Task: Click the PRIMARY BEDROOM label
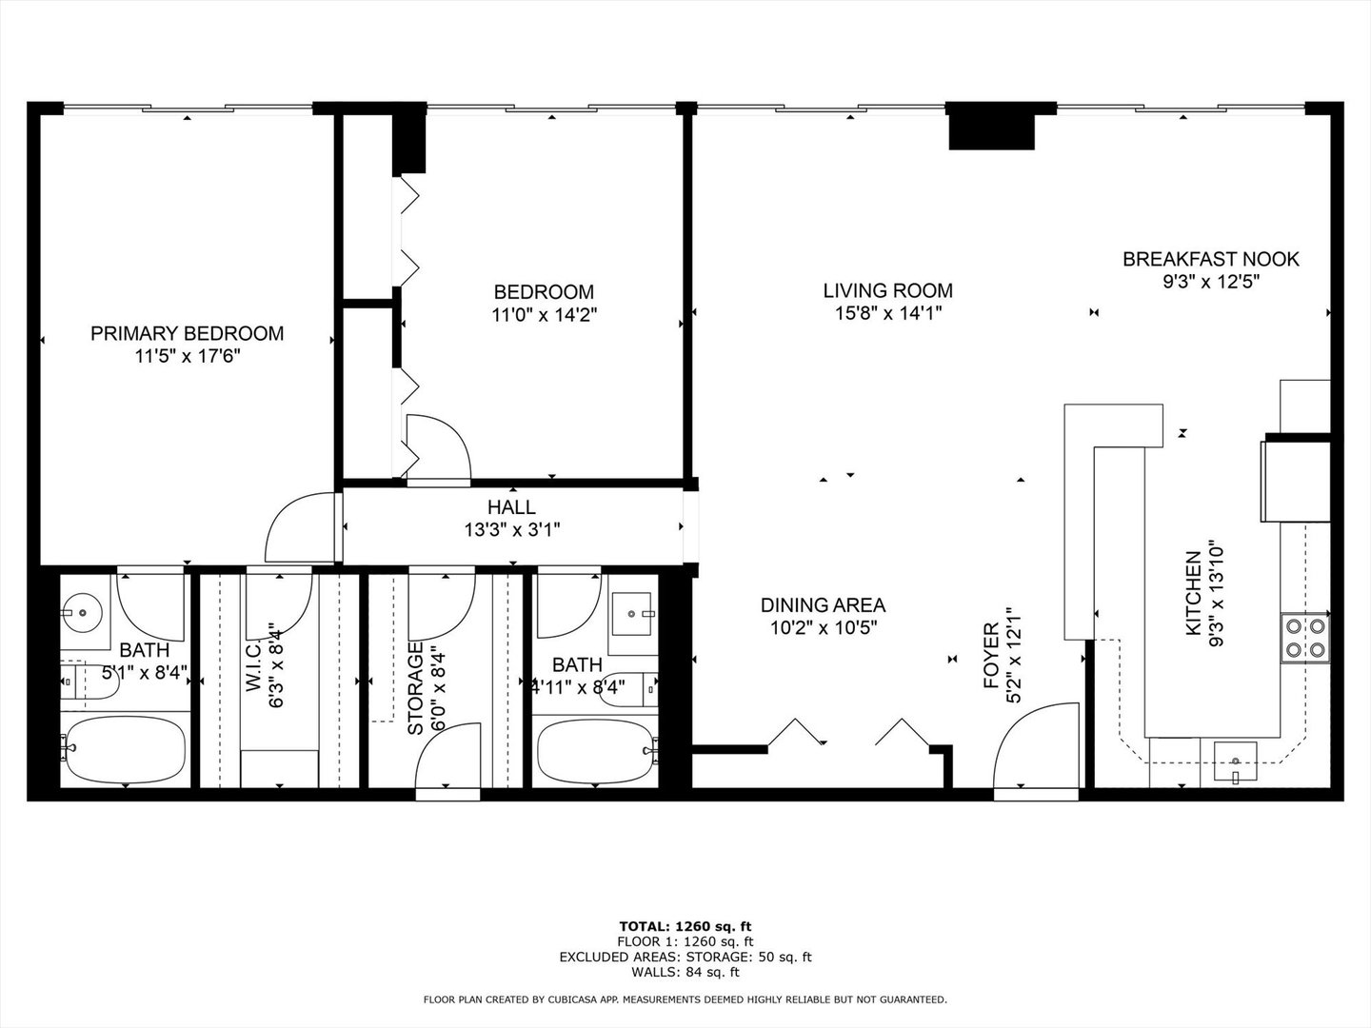coord(187,333)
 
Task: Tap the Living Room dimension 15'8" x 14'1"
coord(887,313)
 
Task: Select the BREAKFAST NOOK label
coord(1210,259)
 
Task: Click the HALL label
coord(511,507)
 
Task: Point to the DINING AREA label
coord(823,604)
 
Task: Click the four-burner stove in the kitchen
coord(1305,639)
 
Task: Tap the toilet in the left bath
coord(81,682)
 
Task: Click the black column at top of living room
coord(991,128)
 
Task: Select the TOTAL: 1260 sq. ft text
coord(685,925)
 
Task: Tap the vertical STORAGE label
coord(415,687)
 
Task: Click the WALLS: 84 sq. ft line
coord(685,972)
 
